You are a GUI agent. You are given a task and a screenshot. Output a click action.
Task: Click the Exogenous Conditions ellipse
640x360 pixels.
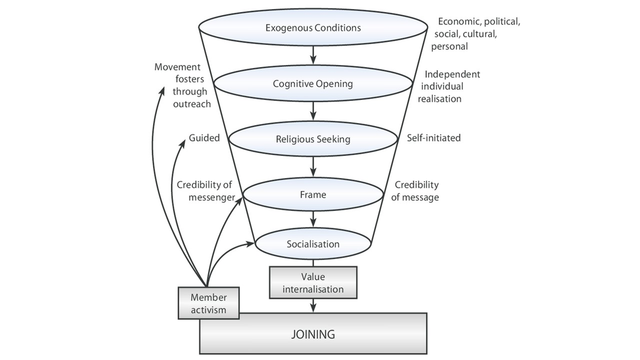click(x=313, y=28)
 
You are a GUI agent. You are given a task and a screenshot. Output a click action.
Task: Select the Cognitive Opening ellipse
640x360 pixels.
click(x=313, y=83)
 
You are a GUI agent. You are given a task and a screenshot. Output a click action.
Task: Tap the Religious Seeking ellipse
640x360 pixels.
click(x=313, y=139)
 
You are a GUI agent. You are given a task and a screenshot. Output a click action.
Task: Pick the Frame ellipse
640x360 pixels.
click(x=313, y=194)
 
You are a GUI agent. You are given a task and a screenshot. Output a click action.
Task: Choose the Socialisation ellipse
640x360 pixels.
click(x=313, y=244)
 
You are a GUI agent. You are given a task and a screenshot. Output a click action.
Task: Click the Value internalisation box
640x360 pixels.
click(x=313, y=283)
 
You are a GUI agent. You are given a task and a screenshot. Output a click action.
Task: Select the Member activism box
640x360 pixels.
click(x=208, y=303)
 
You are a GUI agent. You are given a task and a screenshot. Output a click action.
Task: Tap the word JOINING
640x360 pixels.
click(x=313, y=334)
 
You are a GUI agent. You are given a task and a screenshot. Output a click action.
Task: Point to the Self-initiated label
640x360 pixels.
click(x=433, y=137)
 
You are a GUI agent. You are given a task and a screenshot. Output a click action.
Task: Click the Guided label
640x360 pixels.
click(x=204, y=138)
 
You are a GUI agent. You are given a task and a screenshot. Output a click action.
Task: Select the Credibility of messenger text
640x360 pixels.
click(x=205, y=190)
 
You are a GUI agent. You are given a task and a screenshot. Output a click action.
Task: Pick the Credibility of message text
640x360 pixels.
click(x=415, y=190)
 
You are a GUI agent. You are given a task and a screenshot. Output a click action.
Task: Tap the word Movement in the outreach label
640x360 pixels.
click(x=177, y=67)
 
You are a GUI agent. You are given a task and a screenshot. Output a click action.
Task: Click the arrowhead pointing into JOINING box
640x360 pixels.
click(x=313, y=309)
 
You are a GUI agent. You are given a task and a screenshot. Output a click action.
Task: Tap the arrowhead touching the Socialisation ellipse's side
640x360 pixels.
click(x=251, y=244)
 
